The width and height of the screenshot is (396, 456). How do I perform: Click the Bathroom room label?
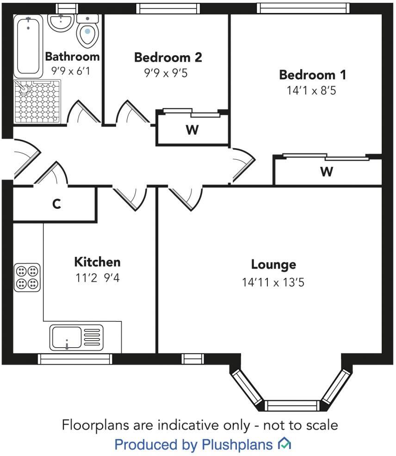point(72,56)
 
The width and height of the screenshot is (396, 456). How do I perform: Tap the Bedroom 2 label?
point(168,57)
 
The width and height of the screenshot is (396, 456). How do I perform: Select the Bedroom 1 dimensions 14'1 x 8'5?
point(311,90)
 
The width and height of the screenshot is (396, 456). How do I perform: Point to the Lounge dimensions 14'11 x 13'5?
point(273,282)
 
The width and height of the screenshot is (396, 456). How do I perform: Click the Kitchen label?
point(97,262)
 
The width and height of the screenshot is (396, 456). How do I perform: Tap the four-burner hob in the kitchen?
point(27,277)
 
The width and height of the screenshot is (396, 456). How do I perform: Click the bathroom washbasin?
point(61,21)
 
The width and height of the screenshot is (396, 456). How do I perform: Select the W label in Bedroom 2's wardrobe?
point(192,130)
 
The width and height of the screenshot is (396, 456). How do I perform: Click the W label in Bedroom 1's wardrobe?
point(327,172)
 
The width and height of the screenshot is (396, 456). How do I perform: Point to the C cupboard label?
point(56,204)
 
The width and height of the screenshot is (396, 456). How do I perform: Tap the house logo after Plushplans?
point(284,444)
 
